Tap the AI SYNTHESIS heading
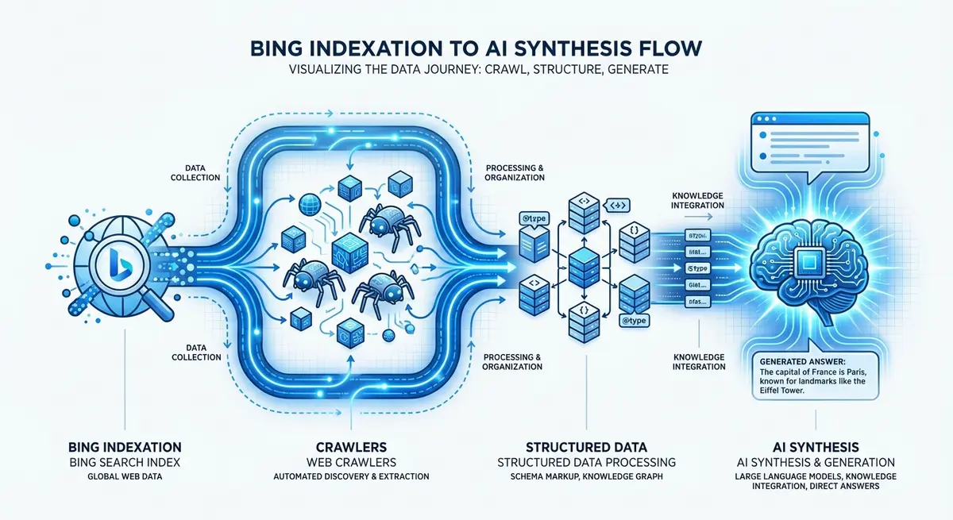[x=827, y=447]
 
